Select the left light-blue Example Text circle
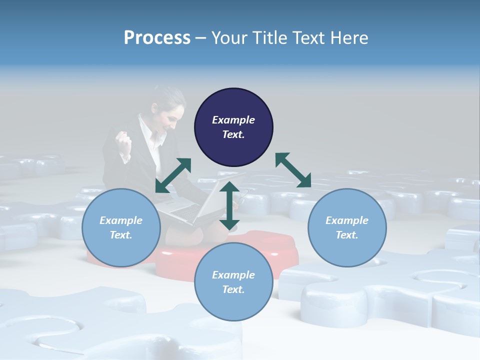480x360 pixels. [x=121, y=227]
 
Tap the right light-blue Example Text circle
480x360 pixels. [x=347, y=227]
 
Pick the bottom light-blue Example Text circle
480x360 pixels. [x=233, y=282]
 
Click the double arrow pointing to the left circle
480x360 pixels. [x=173, y=175]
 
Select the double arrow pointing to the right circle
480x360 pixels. [x=293, y=170]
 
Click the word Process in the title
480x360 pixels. [x=157, y=37]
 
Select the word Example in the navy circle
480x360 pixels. [x=233, y=120]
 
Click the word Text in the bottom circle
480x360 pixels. [x=233, y=289]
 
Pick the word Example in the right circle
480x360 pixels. [x=347, y=220]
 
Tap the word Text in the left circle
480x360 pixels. [x=121, y=235]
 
